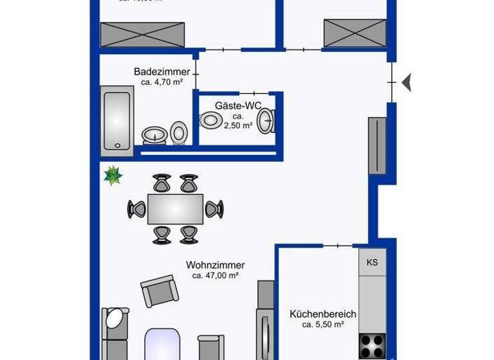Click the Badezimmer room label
[x=162, y=71]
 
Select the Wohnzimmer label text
[x=215, y=264]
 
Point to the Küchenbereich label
[x=323, y=314]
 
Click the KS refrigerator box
[x=372, y=262]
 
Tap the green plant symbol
[x=113, y=175]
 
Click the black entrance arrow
[x=407, y=82]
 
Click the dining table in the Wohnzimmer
[x=176, y=208]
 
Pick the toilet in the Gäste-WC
[x=210, y=120]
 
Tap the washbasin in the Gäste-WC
[x=266, y=120]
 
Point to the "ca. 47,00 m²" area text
[x=215, y=275]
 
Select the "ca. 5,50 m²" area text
[x=323, y=325]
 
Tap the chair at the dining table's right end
[x=214, y=209]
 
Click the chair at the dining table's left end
[x=136, y=209]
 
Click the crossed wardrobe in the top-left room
[x=143, y=32]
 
